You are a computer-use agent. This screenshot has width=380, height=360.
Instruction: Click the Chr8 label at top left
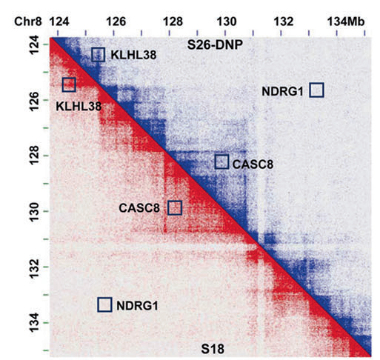coord(28,21)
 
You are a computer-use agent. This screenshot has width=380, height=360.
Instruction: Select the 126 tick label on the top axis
coord(116,21)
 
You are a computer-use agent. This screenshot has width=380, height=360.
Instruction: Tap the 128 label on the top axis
coord(173,21)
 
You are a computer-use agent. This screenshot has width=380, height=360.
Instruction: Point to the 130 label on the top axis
coord(227,21)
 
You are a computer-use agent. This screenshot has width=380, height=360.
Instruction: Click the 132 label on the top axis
coord(284,21)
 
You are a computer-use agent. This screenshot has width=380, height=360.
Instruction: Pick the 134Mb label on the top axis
coord(346,21)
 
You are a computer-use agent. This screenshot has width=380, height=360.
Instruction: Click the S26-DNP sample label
coord(215,44)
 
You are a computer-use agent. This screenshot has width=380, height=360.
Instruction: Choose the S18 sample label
coord(213,349)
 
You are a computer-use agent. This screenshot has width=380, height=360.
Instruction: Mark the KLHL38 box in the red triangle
coord(63,84)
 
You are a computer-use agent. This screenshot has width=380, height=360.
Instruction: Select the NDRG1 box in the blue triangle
coord(310,90)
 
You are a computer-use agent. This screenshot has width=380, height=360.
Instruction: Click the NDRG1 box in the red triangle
coord(98,304)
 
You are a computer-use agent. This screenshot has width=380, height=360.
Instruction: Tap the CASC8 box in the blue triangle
coord(216,161)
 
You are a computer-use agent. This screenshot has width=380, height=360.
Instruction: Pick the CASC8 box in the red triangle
coord(168,207)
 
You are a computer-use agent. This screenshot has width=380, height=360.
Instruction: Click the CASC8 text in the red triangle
coord(139,208)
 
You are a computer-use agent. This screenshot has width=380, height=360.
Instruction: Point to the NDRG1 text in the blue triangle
coord(282,92)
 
